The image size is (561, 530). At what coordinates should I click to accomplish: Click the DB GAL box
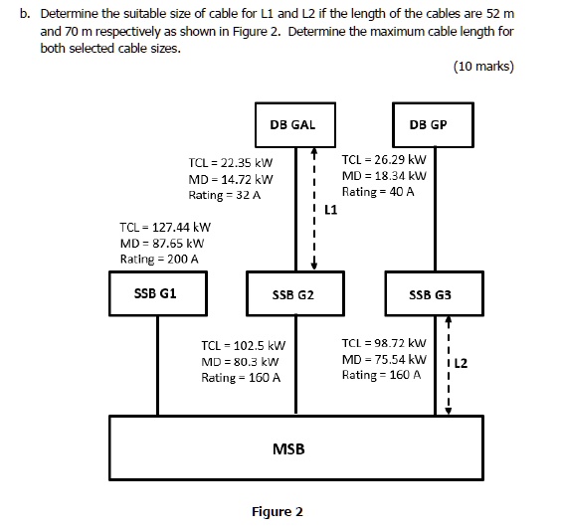(x=292, y=124)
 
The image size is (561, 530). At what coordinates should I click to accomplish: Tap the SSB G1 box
(x=155, y=294)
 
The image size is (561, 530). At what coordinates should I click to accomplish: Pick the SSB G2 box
(x=292, y=295)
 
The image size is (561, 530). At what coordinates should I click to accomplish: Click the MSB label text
(x=288, y=449)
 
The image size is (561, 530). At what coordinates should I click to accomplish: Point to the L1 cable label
(x=331, y=210)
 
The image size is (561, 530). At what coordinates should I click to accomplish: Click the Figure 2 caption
(x=278, y=512)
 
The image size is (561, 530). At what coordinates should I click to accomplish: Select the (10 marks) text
(x=482, y=67)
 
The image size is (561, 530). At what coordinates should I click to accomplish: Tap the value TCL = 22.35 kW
(x=230, y=161)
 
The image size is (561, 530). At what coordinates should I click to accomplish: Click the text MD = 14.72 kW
(x=230, y=178)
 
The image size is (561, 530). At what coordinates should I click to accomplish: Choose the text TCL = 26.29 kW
(x=383, y=159)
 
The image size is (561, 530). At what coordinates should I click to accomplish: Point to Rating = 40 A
(x=378, y=191)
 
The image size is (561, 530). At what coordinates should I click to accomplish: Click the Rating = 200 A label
(x=159, y=259)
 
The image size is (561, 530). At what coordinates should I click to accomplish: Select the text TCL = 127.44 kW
(x=164, y=227)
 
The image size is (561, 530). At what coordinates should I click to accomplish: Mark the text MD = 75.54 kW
(x=383, y=359)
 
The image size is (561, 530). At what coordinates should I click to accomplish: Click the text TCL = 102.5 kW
(x=242, y=345)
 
